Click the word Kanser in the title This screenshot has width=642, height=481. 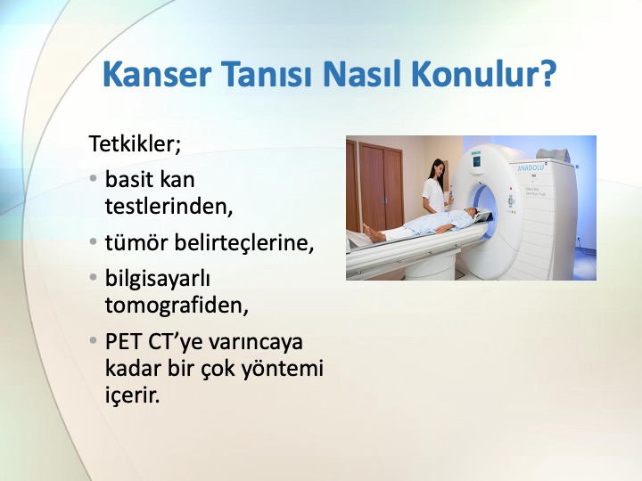pyautogui.click(x=157, y=74)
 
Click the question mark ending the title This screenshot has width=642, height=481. pyautogui.click(x=546, y=73)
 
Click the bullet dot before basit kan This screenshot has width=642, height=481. pyautogui.click(x=94, y=179)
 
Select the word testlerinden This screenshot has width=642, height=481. pyautogui.click(x=169, y=206)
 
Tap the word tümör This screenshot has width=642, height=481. pyautogui.click(x=136, y=242)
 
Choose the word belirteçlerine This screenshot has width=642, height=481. pyautogui.click(x=244, y=243)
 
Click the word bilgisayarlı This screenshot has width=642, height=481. pyautogui.click(x=158, y=279)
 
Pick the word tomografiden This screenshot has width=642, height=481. pyautogui.click(x=177, y=306)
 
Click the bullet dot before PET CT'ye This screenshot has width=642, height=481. pyautogui.click(x=94, y=340)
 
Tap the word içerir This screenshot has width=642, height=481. pyautogui.click(x=132, y=395)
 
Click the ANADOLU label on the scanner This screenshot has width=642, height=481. pyautogui.click(x=531, y=167)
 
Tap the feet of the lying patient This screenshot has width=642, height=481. pyautogui.click(x=372, y=232)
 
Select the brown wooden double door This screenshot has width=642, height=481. pyautogui.click(x=381, y=186)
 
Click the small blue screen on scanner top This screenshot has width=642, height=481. pyautogui.click(x=476, y=161)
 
